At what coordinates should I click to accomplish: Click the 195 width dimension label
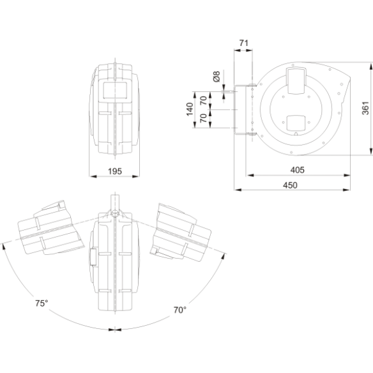click(115, 171)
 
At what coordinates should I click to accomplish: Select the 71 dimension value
click(243, 43)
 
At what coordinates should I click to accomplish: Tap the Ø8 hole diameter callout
click(217, 77)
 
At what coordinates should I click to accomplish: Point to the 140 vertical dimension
click(190, 109)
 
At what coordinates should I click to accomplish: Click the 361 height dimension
click(365, 108)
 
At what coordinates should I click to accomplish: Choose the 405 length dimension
click(298, 170)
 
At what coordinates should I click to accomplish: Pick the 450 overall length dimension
click(290, 185)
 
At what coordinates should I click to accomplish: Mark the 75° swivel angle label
click(42, 303)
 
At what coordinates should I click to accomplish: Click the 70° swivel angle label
click(180, 310)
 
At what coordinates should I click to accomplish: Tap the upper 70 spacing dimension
click(203, 100)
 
